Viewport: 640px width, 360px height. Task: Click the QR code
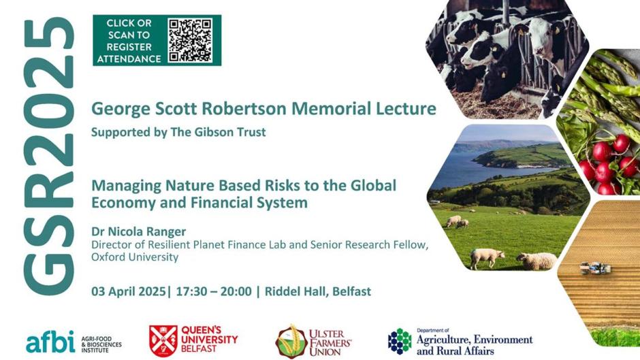tap(190, 40)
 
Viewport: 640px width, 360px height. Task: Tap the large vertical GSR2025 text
tap(49, 156)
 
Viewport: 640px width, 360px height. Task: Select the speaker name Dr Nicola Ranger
tap(138, 231)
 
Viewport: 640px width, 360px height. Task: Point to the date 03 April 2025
tap(129, 291)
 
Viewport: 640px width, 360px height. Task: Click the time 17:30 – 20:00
tap(214, 291)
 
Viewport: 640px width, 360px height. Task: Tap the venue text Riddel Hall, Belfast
tap(318, 291)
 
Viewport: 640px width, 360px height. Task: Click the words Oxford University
tap(135, 257)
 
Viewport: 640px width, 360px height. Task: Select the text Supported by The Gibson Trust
tap(178, 132)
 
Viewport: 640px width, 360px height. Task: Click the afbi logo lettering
tap(50, 342)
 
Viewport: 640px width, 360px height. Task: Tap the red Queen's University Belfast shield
tap(163, 341)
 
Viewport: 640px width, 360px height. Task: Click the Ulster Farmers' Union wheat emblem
tap(291, 342)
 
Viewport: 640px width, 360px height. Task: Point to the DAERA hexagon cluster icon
tap(400, 341)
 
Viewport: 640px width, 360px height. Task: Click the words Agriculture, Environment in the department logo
tap(475, 340)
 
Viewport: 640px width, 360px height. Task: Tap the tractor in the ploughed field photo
tap(596, 268)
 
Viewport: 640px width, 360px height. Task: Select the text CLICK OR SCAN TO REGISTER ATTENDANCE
tap(129, 41)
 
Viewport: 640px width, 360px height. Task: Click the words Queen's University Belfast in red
tap(209, 339)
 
